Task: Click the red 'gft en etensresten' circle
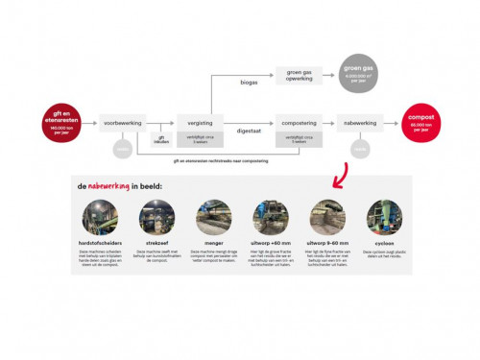[58, 123]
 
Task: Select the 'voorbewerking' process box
[122, 123]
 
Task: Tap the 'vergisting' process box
[199, 123]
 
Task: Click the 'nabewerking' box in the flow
[360, 123]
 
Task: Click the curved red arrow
[338, 174]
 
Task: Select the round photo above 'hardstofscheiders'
[102, 217]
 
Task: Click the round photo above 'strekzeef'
[159, 217]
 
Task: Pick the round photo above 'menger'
[213, 217]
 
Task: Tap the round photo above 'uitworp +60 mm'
[270, 217]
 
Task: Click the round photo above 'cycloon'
[381, 217]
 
